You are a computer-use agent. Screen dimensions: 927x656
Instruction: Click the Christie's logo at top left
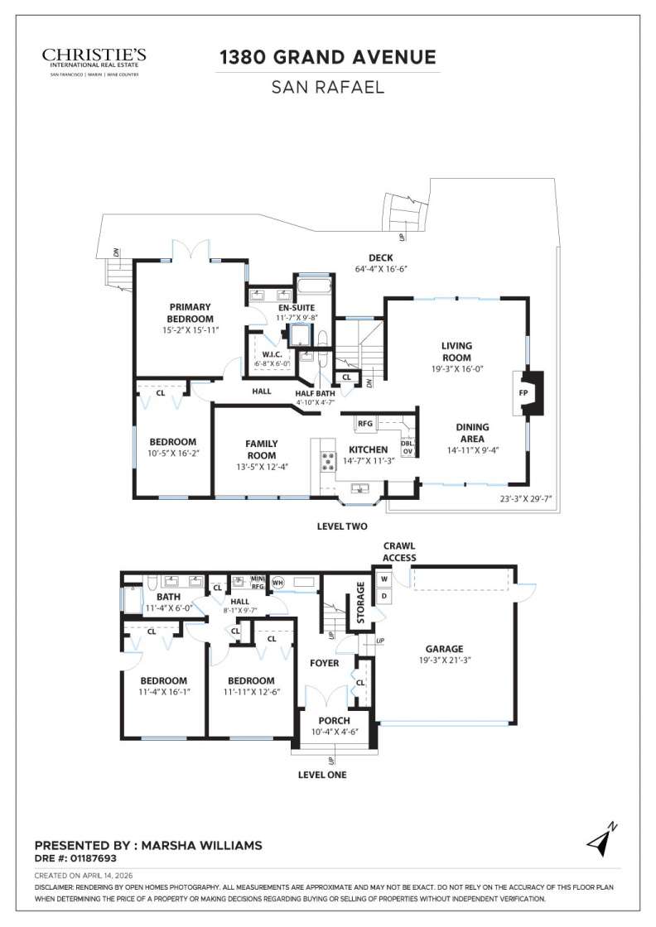(x=94, y=60)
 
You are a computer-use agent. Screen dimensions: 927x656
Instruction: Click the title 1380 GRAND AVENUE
(x=327, y=57)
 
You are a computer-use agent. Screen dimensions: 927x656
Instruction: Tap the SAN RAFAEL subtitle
(x=327, y=86)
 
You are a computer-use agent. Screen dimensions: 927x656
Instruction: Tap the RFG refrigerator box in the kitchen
(x=364, y=424)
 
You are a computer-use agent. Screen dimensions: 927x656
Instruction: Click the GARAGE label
(x=444, y=649)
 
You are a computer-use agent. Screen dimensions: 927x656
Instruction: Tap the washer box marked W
(x=384, y=579)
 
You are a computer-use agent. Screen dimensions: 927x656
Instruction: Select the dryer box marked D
(x=384, y=596)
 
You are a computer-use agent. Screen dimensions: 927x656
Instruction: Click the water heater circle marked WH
(x=277, y=581)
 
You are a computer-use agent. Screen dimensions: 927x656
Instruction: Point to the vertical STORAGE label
(x=360, y=603)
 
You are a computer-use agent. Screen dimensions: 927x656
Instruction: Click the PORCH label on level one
(x=335, y=720)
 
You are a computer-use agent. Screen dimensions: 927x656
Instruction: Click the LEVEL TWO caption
(x=342, y=526)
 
